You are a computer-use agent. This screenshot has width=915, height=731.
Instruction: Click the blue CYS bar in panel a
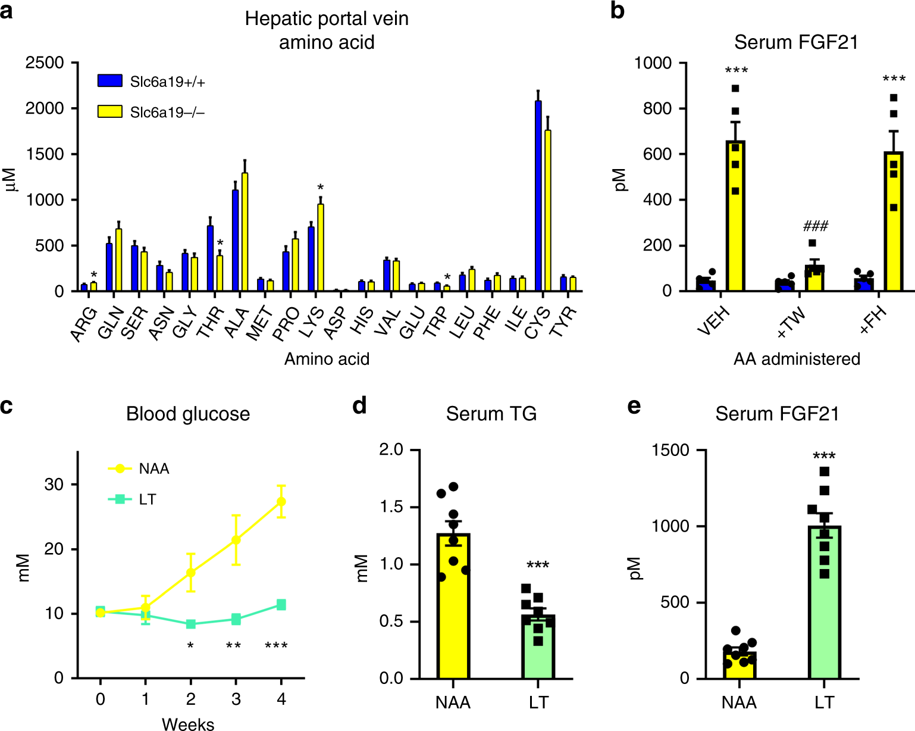538,196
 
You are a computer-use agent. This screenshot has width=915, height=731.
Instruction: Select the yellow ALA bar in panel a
245,232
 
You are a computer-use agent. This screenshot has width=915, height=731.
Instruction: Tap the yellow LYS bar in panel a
321,248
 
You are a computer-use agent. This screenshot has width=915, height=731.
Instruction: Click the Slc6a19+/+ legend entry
151,82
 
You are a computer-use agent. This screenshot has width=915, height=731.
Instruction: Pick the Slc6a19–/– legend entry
151,112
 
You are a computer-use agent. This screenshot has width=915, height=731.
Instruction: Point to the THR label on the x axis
211,323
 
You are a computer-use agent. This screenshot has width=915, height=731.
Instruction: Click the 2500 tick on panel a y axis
44,63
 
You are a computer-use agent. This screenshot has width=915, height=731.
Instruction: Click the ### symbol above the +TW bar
815,226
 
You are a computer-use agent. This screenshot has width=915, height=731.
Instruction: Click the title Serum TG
491,414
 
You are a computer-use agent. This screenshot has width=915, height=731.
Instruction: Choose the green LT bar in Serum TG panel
538,647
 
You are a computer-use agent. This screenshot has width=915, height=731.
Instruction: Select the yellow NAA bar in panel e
739,666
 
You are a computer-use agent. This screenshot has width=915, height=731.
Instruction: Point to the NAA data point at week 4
281,501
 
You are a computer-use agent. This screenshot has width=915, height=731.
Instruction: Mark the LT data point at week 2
191,624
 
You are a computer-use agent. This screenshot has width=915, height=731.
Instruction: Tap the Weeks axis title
188,724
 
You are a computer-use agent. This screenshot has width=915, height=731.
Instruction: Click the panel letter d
359,405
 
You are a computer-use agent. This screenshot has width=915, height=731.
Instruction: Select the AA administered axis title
797,359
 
